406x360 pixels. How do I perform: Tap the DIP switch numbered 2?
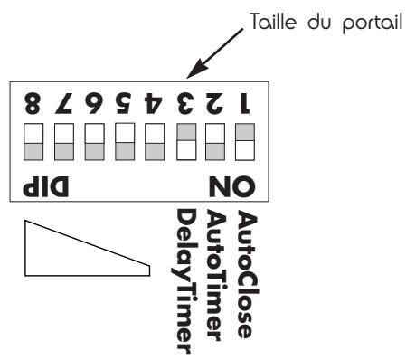tap(215, 141)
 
